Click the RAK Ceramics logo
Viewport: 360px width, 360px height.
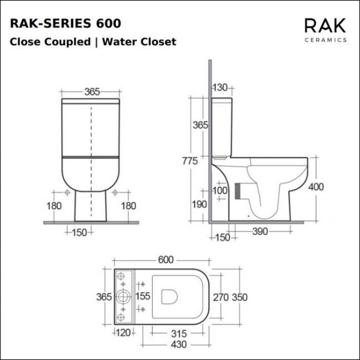(x=325, y=30)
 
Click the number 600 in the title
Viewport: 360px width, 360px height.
(x=109, y=23)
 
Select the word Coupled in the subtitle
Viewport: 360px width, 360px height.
(x=68, y=42)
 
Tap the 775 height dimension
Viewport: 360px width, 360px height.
(x=190, y=161)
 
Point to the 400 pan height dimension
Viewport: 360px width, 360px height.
(x=316, y=187)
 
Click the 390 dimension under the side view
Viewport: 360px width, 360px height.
(x=260, y=232)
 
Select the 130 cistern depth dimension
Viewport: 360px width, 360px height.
(x=220, y=88)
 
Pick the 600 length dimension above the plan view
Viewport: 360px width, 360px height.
(x=166, y=260)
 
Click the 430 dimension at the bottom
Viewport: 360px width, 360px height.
(x=179, y=344)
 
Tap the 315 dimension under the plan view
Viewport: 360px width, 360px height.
(x=179, y=333)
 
